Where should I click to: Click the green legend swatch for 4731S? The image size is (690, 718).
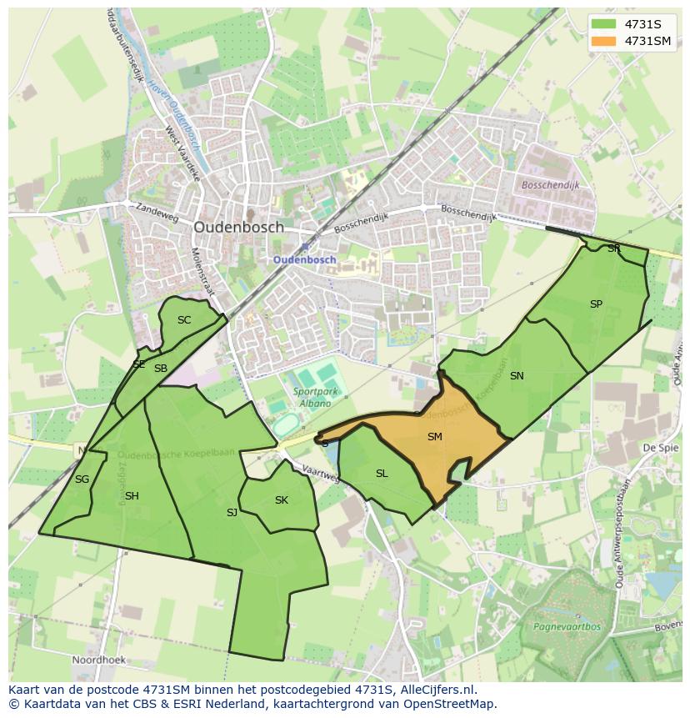(x=604, y=23)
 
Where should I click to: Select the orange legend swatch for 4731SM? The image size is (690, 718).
(x=604, y=40)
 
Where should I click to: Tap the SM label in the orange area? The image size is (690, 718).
(x=434, y=437)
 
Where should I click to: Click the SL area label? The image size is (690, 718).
(x=382, y=474)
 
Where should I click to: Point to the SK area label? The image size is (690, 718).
(x=282, y=500)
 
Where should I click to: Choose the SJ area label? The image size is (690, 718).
(x=232, y=513)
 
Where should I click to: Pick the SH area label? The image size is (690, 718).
(x=132, y=496)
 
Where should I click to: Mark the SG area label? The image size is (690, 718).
(x=82, y=480)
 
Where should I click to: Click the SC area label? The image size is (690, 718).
(x=184, y=320)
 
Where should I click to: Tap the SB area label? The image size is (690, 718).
(x=161, y=369)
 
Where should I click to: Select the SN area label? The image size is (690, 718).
(x=517, y=376)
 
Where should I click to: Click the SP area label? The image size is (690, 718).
(x=596, y=304)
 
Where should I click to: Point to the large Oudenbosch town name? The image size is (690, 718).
(x=238, y=227)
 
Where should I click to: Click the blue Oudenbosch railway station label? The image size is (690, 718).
(x=305, y=259)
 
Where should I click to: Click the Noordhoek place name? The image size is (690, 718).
(x=100, y=659)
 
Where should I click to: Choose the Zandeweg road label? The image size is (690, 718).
(x=158, y=214)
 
